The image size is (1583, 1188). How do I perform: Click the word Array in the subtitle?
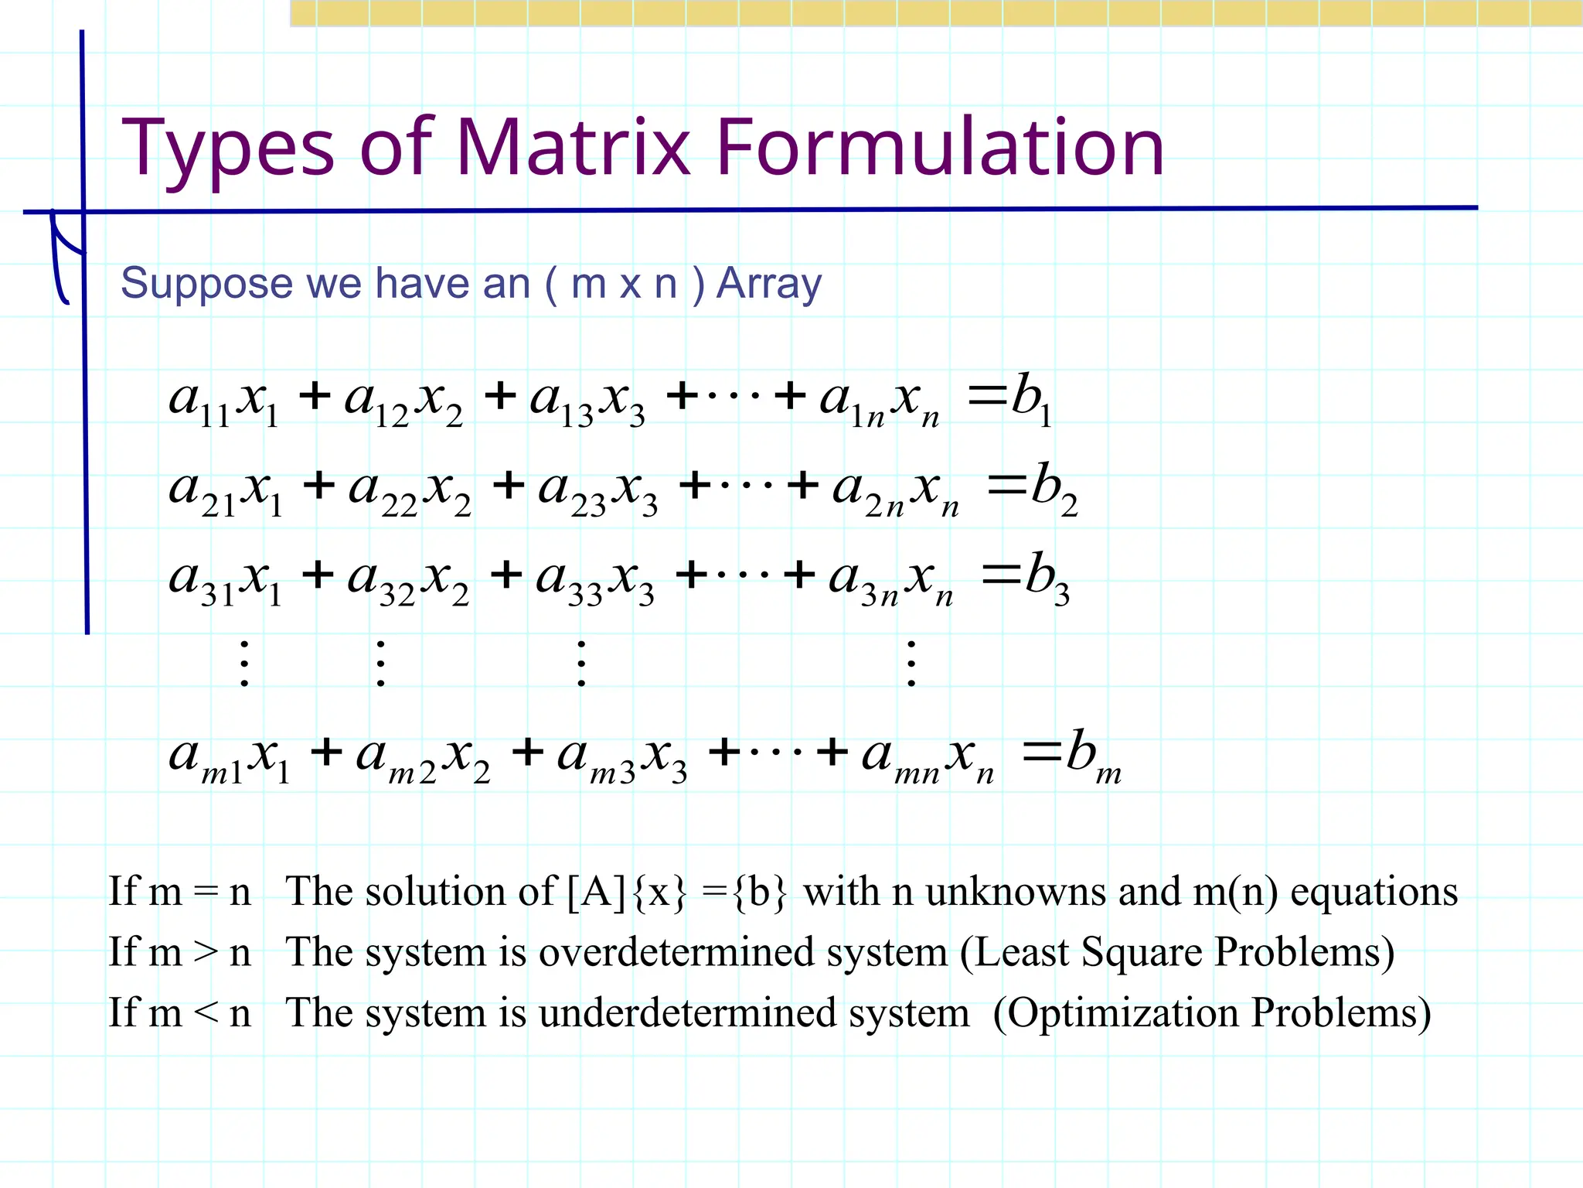(x=769, y=284)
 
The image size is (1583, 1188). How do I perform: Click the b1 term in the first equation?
(x=1030, y=398)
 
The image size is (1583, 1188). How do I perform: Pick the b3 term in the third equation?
(x=1047, y=577)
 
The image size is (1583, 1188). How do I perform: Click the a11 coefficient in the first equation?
(x=199, y=401)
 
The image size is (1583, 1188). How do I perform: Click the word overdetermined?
(x=676, y=952)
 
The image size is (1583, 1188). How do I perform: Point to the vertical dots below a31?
(x=244, y=664)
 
